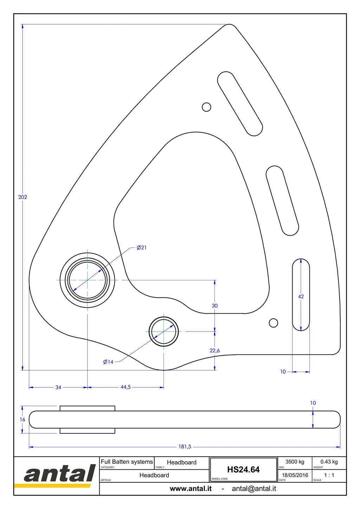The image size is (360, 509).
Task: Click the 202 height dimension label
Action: [22, 197]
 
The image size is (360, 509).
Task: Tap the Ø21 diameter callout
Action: [141, 247]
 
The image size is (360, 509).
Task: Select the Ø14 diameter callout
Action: [108, 362]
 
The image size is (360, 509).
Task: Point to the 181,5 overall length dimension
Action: [185, 446]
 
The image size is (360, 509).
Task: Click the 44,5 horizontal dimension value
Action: [126, 387]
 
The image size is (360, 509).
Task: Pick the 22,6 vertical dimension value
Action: [215, 350]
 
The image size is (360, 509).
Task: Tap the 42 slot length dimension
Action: [301, 296]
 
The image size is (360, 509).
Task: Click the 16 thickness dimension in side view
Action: [22, 419]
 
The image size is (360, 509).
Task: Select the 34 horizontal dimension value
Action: [58, 387]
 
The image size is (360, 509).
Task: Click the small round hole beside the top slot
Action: [206, 107]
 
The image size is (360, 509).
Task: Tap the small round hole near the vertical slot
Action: [274, 323]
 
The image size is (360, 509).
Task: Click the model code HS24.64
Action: [243, 470]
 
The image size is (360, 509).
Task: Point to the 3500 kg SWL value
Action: [295, 462]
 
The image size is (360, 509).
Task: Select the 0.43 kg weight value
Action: [329, 462]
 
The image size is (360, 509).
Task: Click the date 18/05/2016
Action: [295, 475]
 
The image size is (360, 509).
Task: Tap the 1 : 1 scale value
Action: [329, 475]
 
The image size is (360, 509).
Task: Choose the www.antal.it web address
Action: [191, 489]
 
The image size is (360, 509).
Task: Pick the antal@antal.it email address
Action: [254, 489]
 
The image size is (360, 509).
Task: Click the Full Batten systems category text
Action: [127, 462]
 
